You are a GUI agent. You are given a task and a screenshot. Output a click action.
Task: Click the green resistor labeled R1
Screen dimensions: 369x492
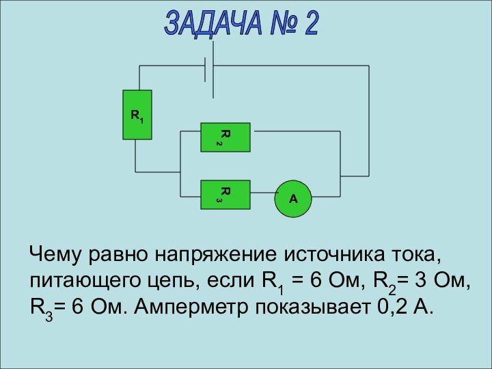click(137, 115)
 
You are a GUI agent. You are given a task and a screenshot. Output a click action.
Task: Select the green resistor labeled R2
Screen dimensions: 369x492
click(225, 137)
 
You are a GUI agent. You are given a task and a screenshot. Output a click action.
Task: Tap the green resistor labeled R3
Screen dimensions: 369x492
click(225, 194)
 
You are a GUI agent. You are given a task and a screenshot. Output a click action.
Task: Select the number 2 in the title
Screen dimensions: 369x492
click(310, 24)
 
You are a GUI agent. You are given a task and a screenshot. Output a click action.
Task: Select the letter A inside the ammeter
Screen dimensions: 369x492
click(293, 199)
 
